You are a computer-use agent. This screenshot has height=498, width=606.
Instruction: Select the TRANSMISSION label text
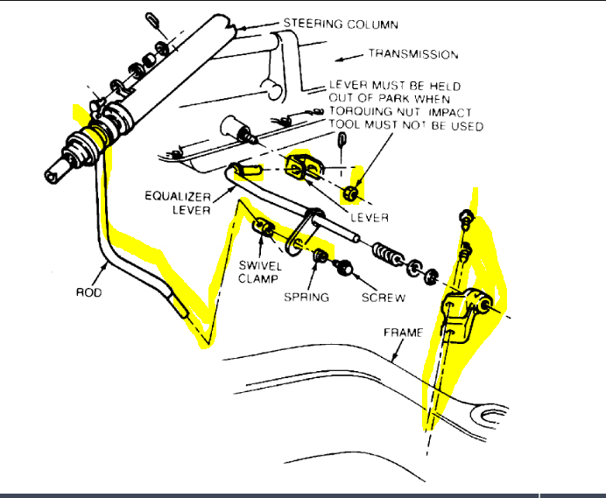pyautogui.click(x=413, y=54)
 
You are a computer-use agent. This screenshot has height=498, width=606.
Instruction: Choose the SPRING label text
pyautogui.click(x=307, y=298)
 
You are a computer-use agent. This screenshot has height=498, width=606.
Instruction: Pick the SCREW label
pyautogui.click(x=383, y=298)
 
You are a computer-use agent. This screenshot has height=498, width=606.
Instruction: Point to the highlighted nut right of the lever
pyautogui.click(x=352, y=193)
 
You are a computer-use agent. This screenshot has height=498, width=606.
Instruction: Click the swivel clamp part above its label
pyautogui.click(x=263, y=228)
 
